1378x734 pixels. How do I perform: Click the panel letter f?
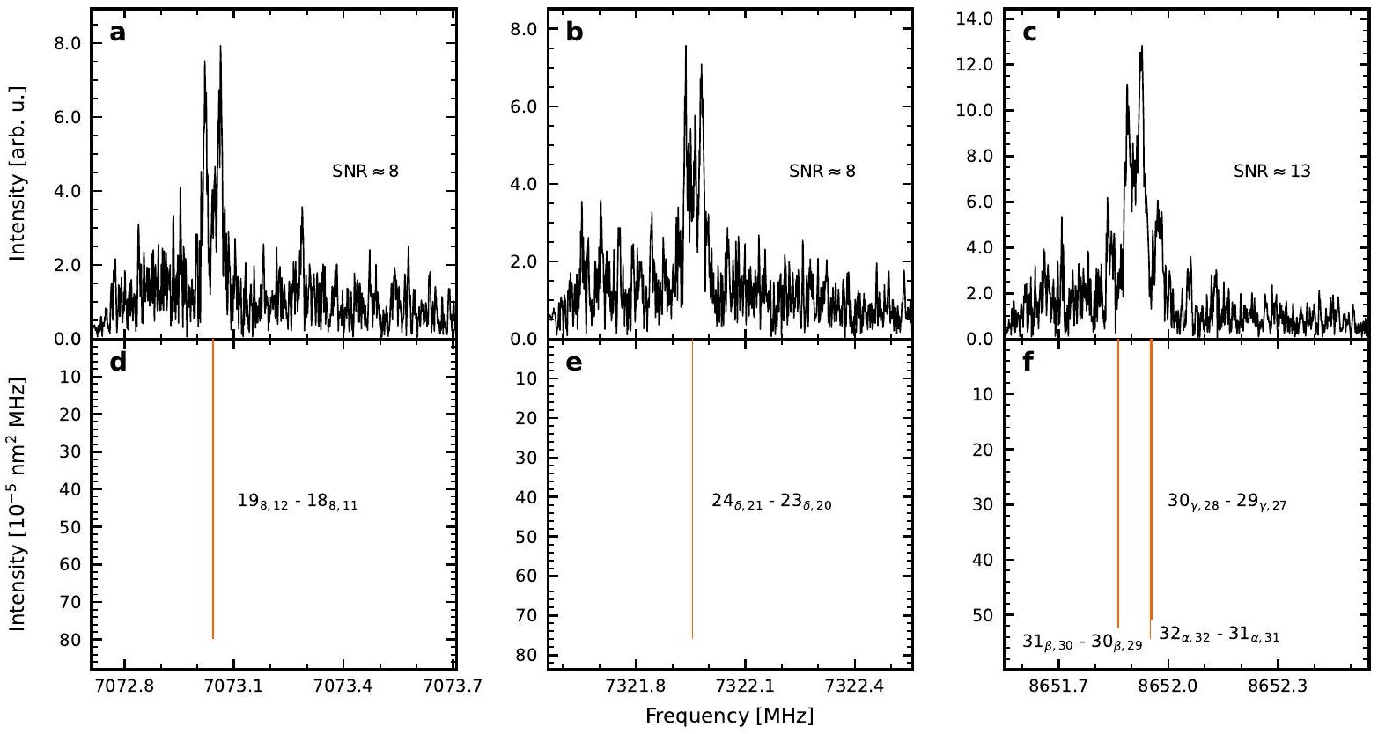1028,363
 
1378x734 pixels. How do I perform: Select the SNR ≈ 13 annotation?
1272,172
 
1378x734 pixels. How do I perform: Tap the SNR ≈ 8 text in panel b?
822,172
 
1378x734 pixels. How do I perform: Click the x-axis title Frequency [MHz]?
729,716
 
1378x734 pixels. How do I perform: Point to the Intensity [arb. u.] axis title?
17,172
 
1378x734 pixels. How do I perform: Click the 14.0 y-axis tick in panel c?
973,18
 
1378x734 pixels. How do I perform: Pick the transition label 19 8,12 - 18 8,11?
298,503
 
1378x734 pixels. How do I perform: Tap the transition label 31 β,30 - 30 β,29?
1082,642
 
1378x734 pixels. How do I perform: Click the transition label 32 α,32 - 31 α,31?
1219,633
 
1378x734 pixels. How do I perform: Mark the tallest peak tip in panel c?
1142,47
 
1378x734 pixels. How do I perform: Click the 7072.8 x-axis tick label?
123,683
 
